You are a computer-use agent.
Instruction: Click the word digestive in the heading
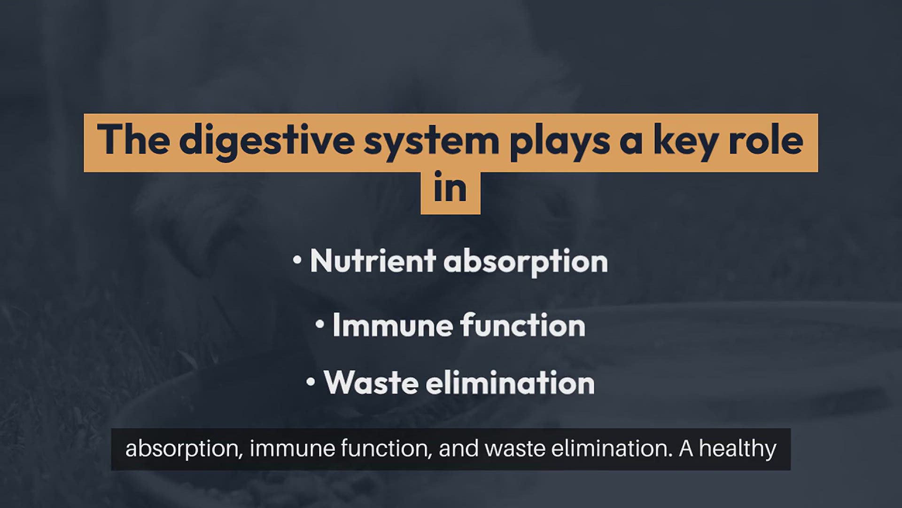tap(266, 141)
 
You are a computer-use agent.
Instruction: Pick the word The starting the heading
tap(133, 139)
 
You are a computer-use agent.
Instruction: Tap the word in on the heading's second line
tap(450, 187)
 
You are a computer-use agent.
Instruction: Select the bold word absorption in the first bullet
tap(526, 262)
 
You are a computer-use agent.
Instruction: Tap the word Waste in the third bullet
tap(371, 382)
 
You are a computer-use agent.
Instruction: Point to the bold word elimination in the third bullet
tap(510, 382)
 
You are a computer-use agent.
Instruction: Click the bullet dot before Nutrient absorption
tap(297, 260)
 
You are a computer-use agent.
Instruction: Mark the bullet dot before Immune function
tap(320, 324)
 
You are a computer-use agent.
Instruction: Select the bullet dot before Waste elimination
tap(311, 381)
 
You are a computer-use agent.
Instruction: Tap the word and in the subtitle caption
tap(458, 449)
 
